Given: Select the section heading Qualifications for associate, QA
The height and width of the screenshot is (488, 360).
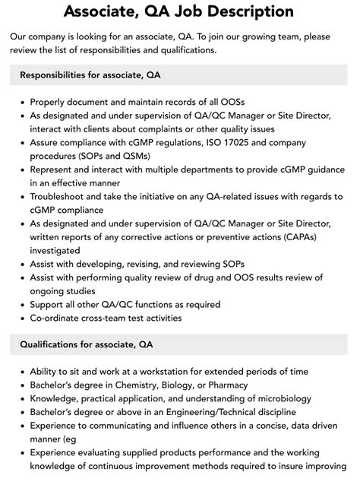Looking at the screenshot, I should click(x=87, y=344).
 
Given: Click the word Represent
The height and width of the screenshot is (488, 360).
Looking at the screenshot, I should click(x=55, y=170).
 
